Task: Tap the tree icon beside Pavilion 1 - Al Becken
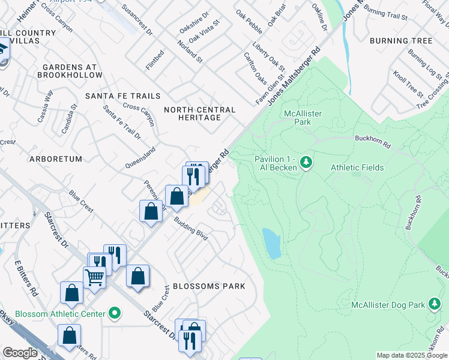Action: pos(306,162)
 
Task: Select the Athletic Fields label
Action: pos(357,167)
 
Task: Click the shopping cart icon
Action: pos(94,277)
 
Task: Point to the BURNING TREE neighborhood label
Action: pos(401,41)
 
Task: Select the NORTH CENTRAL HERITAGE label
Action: pos(200,113)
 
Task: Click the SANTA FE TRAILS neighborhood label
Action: pos(122,96)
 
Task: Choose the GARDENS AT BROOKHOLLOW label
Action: pos(70,71)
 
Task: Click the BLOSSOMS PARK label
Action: pos(209,286)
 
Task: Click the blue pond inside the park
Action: pos(271,242)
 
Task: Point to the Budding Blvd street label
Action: pos(191,229)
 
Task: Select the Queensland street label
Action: pos(140,157)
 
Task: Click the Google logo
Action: pos(20,353)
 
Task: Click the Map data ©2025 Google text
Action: pos(411,355)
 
